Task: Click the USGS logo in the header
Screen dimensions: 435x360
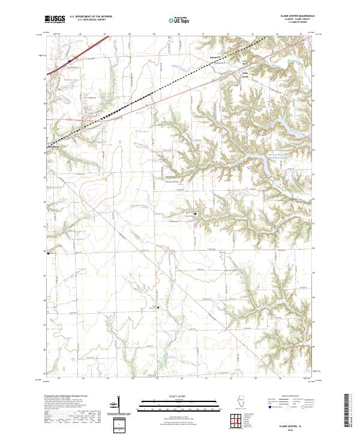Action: (x=55, y=19)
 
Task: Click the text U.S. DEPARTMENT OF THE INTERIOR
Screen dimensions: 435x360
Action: (x=91, y=17)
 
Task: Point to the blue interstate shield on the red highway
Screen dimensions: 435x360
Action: (x=69, y=61)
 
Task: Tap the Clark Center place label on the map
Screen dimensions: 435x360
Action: (x=244, y=74)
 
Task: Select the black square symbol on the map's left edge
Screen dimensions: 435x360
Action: (x=49, y=253)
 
